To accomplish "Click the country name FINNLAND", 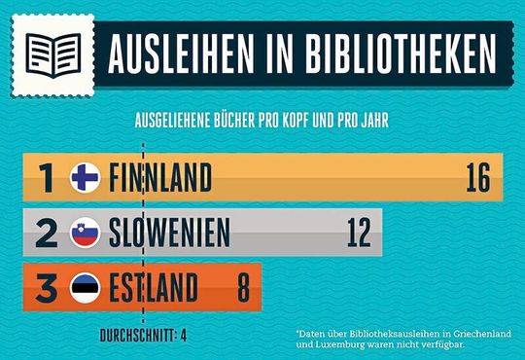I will tap(160, 178).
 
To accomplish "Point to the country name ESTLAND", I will tap(155, 288).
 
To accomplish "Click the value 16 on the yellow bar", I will tap(477, 178).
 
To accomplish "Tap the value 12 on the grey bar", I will tap(358, 234).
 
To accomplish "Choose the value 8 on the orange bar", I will tap(243, 288).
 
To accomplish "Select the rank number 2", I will tap(45, 234).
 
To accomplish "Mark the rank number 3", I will tap(45, 288).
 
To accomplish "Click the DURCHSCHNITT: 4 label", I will tap(144, 337).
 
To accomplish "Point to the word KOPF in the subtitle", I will tap(284, 124).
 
